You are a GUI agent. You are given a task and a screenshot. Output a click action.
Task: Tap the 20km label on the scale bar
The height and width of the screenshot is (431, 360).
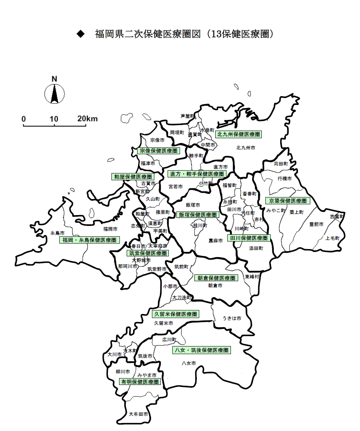pyautogui.click(x=87, y=119)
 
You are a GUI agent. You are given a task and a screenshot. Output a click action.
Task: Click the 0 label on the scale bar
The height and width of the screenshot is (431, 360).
pyautogui.click(x=24, y=119)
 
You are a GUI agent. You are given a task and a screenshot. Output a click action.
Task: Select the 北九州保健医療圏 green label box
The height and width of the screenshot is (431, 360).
pyautogui.click(x=238, y=134)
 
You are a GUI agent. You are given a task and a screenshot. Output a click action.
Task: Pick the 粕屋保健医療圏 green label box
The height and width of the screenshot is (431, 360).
pyautogui.click(x=133, y=177)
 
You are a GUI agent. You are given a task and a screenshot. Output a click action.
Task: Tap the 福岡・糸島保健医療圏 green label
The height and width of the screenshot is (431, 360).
pyautogui.click(x=89, y=240)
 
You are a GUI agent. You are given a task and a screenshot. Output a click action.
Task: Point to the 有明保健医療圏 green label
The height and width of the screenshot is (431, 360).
pyautogui.click(x=140, y=382)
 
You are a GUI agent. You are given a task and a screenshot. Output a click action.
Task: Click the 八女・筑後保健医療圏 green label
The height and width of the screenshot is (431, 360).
pyautogui.click(x=201, y=350)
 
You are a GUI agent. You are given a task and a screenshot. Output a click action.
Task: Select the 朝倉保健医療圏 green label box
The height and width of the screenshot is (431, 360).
pyautogui.click(x=216, y=278)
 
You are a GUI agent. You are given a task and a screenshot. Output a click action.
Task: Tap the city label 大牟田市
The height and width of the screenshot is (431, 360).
pyautogui.click(x=138, y=414)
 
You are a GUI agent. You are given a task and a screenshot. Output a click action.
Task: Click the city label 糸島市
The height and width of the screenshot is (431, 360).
pyautogui.click(x=57, y=233)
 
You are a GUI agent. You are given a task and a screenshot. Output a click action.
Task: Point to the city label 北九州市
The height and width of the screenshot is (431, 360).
pyautogui.click(x=246, y=148)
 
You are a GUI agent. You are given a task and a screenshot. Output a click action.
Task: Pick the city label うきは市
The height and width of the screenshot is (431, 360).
pyautogui.click(x=232, y=318)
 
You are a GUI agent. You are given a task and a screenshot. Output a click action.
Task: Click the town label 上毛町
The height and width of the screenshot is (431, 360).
pyautogui.click(x=332, y=238)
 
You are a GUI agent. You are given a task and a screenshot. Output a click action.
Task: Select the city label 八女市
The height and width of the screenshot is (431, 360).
pyautogui.click(x=188, y=363)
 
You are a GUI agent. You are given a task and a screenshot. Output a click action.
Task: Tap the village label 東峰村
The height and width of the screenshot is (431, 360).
pyautogui.click(x=252, y=277)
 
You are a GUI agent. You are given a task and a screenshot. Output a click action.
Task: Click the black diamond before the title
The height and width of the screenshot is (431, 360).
pyautogui.click(x=81, y=34)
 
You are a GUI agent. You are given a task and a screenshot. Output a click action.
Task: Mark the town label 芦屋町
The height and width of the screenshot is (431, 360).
pyautogui.click(x=187, y=116)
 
